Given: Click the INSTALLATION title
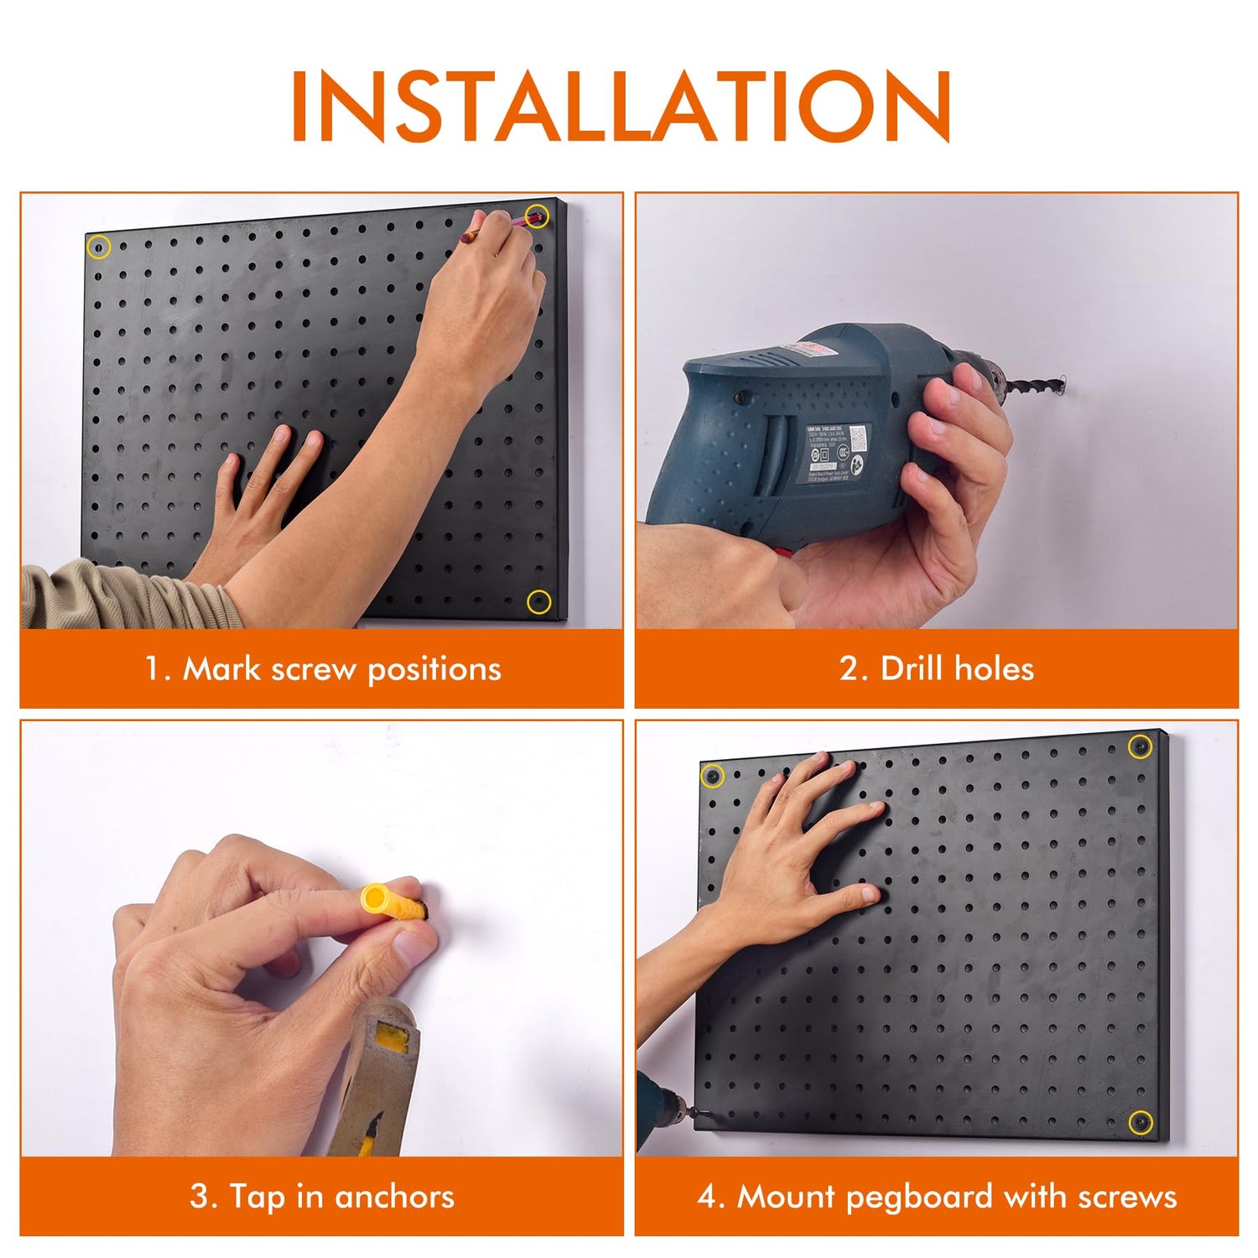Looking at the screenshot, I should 621,107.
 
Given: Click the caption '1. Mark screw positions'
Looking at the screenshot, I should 322,669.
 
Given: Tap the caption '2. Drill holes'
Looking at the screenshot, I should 936,669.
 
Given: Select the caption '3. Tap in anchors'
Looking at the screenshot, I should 322,1196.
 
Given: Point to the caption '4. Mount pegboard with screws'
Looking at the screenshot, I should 936,1196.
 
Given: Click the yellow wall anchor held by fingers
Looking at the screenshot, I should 388,902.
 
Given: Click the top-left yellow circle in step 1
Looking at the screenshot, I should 99,247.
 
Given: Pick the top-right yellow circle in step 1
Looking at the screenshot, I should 537,216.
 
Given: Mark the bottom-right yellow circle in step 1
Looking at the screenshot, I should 538,601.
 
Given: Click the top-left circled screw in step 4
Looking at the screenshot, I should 712,777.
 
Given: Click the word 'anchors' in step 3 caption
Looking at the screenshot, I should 394,1196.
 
